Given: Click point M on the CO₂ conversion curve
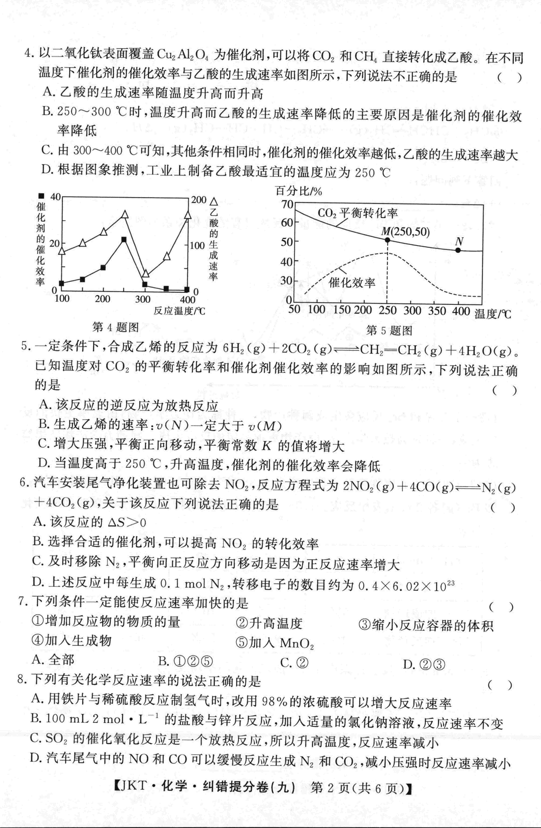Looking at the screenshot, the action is (387, 240).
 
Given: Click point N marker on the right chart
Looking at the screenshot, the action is (458, 250).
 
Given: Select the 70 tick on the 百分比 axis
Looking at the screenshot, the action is (288, 204).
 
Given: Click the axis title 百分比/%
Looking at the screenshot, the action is (298, 191).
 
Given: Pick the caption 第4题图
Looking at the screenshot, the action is (116, 327).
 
